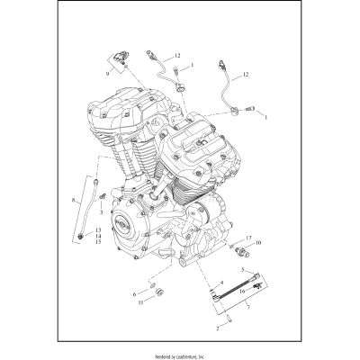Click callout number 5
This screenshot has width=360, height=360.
(242, 271)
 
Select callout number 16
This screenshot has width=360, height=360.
(242, 292)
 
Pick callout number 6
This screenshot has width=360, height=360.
(135, 293)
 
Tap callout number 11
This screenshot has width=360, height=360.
(139, 303)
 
